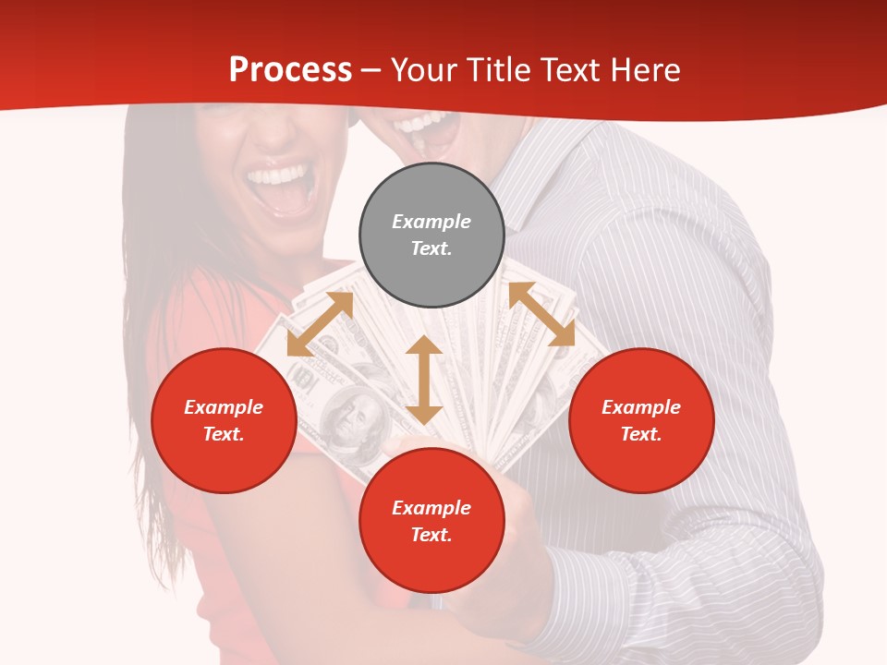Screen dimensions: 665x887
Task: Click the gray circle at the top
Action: [431, 236]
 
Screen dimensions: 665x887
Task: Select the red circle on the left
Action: [224, 420]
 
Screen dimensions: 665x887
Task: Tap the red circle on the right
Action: [641, 420]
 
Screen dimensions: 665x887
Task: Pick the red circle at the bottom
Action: [431, 521]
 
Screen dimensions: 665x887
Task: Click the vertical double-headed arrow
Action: [424, 380]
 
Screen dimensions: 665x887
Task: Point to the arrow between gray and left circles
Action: [320, 324]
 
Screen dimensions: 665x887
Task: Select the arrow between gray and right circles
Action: [541, 314]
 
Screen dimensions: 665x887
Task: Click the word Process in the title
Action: [290, 69]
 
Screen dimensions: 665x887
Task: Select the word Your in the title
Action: [424, 69]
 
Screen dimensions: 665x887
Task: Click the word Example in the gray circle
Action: [431, 222]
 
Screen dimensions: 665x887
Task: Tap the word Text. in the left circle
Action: [224, 434]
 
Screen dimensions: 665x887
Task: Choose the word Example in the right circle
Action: [641, 407]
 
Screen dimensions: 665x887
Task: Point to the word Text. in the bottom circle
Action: [431, 535]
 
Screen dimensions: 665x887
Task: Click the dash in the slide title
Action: [371, 69]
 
